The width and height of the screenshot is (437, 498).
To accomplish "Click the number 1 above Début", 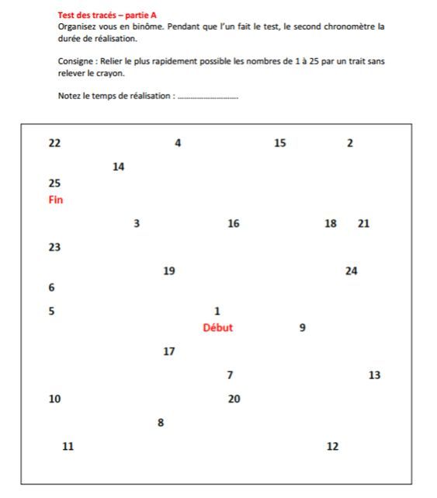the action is click(x=217, y=312).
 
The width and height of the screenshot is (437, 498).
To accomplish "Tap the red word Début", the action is click(x=217, y=328).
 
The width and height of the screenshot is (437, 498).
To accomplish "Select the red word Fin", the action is click(x=55, y=200).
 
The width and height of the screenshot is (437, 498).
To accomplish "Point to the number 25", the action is click(x=54, y=183).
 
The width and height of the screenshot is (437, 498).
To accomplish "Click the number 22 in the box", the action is click(x=54, y=143).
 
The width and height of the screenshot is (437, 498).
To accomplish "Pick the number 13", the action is click(x=374, y=375).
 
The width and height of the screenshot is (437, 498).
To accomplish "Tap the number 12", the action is click(x=332, y=447).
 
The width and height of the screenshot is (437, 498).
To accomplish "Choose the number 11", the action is click(x=68, y=447).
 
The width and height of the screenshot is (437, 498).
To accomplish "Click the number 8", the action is click(x=161, y=423).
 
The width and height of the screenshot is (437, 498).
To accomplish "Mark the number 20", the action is click(x=234, y=399).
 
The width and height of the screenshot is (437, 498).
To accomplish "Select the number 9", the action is click(x=302, y=328).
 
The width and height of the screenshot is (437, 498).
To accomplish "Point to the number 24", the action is click(x=351, y=271).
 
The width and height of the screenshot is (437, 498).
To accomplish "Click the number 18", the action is click(x=331, y=224).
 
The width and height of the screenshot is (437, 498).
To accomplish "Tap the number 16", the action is click(x=234, y=224).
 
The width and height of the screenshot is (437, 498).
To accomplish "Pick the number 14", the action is click(x=118, y=167).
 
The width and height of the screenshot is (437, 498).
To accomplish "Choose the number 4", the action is click(x=178, y=143).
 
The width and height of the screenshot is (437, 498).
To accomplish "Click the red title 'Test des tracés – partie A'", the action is click(x=108, y=15).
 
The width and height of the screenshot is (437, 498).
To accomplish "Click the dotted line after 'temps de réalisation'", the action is click(x=208, y=97).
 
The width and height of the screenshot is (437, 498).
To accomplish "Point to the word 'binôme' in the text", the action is click(x=148, y=26).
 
